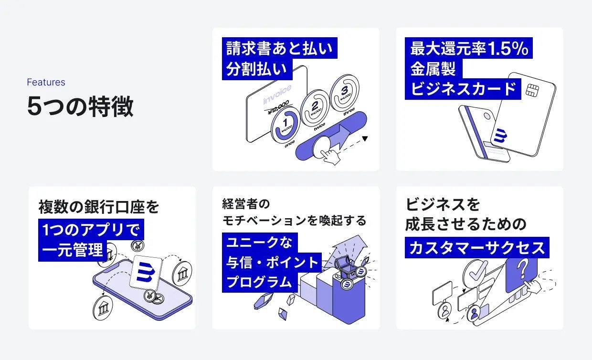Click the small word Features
point(46,82)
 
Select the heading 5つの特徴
point(80,106)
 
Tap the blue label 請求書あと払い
point(279,49)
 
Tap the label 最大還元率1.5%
point(469,49)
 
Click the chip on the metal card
point(532,90)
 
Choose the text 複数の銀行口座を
point(98,207)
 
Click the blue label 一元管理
point(72,250)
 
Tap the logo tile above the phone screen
point(147,272)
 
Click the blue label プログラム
point(259,282)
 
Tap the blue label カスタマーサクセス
point(476,248)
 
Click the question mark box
point(522,273)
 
